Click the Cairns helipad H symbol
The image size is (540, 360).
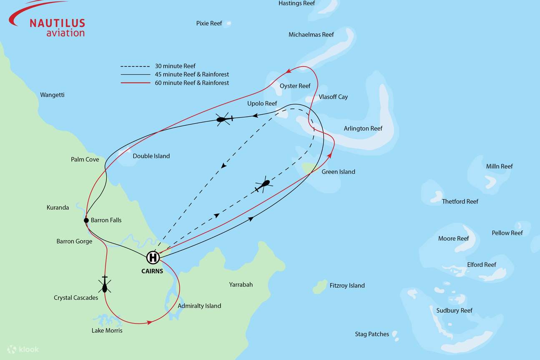153,258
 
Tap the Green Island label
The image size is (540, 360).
338,172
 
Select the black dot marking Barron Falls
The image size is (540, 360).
86,220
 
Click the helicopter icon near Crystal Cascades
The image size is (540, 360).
105,285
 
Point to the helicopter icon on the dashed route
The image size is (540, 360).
263,184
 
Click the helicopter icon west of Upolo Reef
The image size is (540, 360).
224,119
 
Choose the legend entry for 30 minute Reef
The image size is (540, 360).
175,66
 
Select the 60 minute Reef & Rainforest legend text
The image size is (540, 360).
192,83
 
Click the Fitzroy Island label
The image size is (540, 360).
347,286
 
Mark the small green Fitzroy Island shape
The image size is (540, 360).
320,287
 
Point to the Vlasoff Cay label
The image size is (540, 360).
333,97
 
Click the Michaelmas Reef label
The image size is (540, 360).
311,35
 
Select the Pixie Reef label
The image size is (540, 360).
209,23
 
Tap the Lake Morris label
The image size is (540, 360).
107,331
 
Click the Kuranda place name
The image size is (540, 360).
58,207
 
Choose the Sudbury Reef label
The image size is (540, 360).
454,310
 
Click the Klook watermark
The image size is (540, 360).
23,349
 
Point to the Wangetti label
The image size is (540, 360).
52,95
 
